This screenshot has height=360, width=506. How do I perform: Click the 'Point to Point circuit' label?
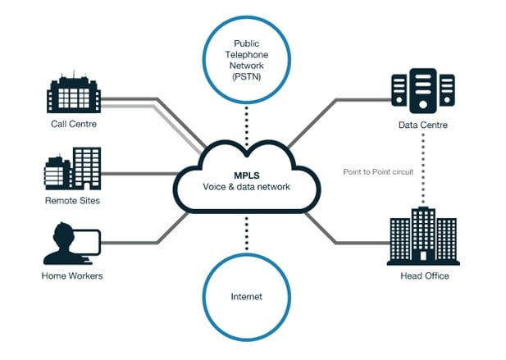379,171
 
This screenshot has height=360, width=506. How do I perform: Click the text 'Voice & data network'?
246,187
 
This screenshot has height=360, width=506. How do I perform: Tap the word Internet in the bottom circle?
246,295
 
